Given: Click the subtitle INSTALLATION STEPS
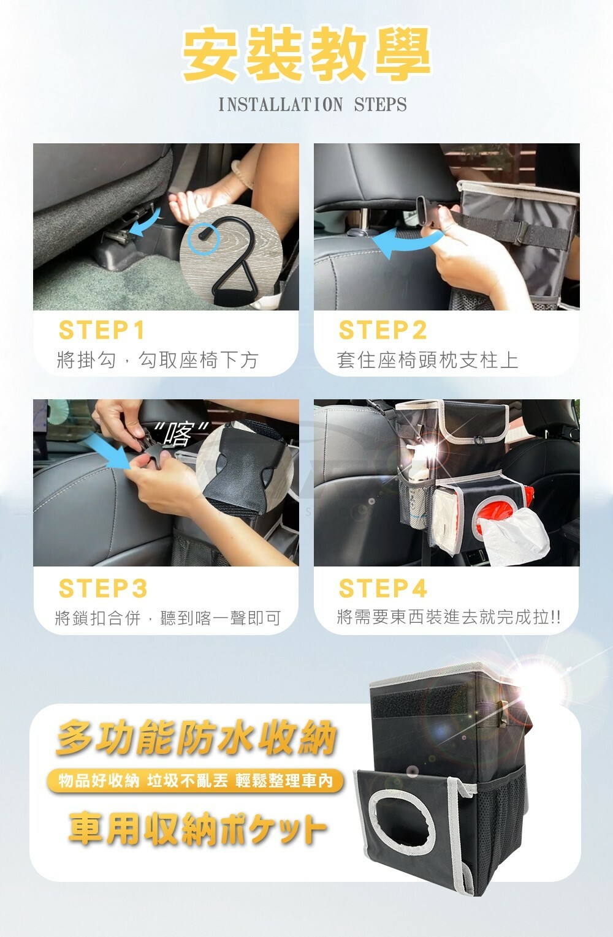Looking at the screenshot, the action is click(x=313, y=105).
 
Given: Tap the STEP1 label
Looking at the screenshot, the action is click(x=102, y=330).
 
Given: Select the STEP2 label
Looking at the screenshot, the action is click(x=383, y=330).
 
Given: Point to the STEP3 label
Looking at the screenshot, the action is click(x=103, y=588).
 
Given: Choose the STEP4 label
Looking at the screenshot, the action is click(x=383, y=588).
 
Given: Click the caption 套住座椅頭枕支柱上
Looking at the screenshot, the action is click(x=427, y=360).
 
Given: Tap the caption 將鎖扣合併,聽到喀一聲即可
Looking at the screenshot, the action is click(x=167, y=618).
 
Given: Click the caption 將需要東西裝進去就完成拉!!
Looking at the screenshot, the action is click(x=449, y=617).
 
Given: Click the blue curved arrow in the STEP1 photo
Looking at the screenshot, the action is click(x=146, y=223).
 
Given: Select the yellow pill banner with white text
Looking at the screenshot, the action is click(x=196, y=781).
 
